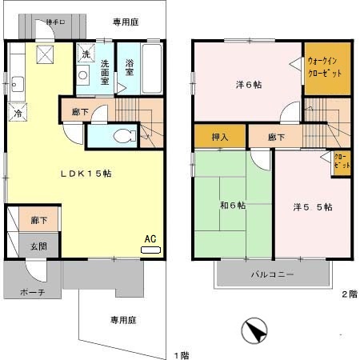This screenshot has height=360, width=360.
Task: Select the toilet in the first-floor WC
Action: (x=121, y=137)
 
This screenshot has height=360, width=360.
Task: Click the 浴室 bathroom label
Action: (x=130, y=70)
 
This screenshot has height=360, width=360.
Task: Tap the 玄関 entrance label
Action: (x=38, y=246)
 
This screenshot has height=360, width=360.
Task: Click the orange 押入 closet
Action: (x=219, y=137)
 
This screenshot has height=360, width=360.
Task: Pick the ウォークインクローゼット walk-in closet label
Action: (x=328, y=68)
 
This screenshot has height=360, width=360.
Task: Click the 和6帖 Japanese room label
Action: (x=233, y=205)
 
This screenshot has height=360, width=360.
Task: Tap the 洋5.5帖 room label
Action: (x=313, y=206)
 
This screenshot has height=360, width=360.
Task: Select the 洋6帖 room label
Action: (x=248, y=84)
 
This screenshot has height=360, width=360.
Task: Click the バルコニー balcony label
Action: (x=272, y=274)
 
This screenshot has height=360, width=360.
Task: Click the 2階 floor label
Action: (x=350, y=294)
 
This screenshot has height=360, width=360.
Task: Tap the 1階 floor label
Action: (x=182, y=354)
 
